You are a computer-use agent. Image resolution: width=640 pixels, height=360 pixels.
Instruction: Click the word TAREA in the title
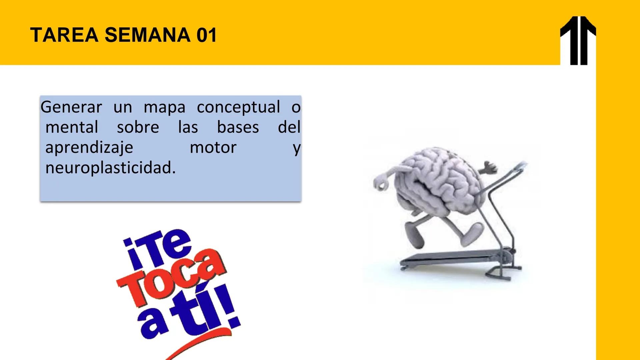pyautogui.click(x=64, y=35)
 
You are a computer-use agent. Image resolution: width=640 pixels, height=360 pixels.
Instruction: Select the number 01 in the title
pyautogui.click(x=207, y=35)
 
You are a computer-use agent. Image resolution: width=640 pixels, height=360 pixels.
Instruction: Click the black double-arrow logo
pyautogui.click(x=578, y=40)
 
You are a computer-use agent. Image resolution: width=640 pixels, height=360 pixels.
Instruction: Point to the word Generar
pyautogui.click(x=71, y=107)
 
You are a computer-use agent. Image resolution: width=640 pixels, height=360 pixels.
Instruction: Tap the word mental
pyautogui.click(x=72, y=127)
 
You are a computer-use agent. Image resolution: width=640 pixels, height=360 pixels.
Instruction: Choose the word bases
pyautogui.click(x=238, y=127)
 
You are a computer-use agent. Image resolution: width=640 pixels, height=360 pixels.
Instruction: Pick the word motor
pyautogui.click(x=213, y=148)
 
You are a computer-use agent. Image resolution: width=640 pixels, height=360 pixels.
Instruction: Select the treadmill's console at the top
pyautogui.click(x=518, y=167)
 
